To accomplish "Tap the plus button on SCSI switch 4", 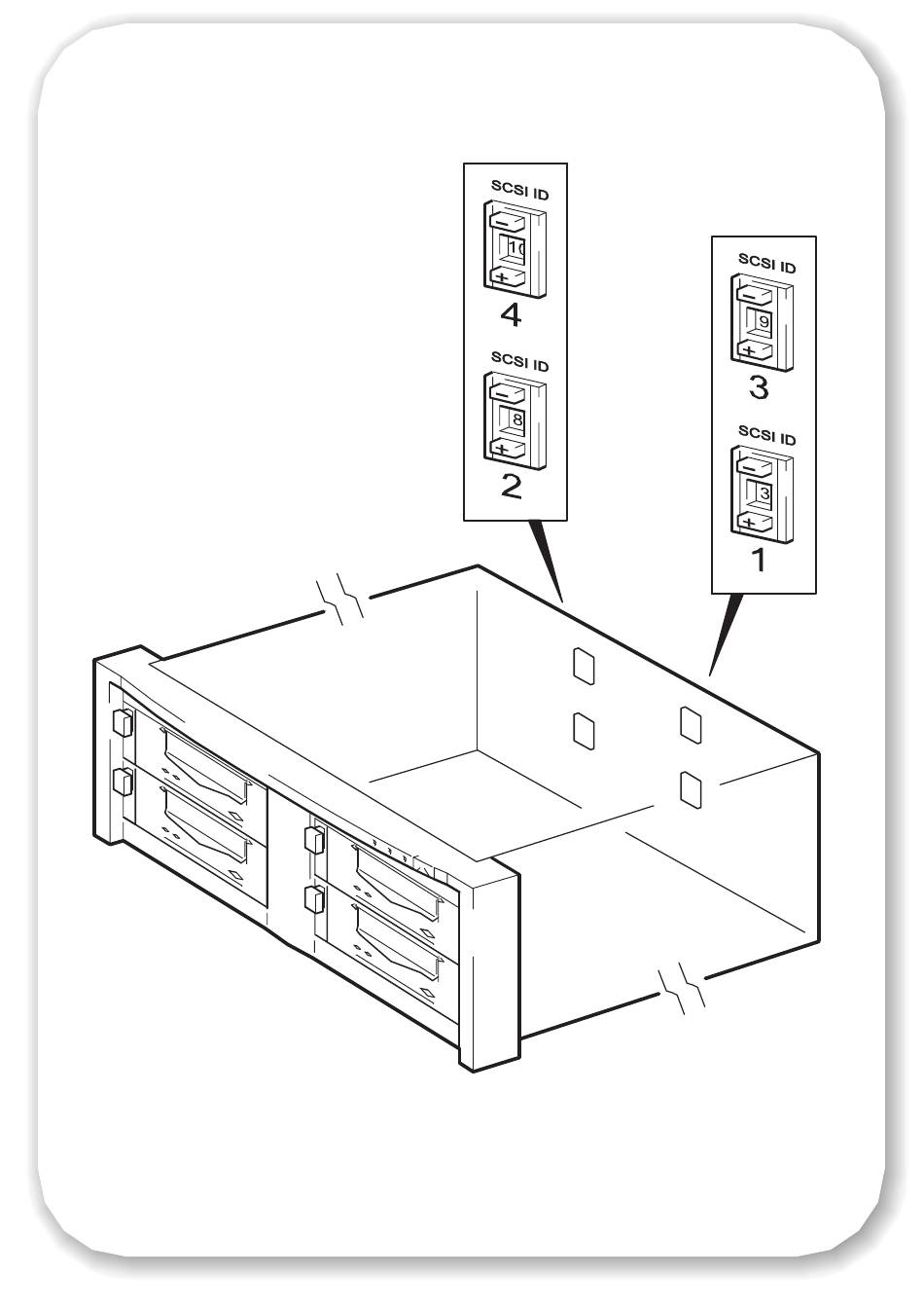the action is pos(505,277).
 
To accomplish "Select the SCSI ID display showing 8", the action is pos(513,419).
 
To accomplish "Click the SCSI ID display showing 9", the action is pos(761,321).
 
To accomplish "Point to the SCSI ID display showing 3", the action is pos(762,493).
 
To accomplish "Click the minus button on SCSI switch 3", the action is pos(755,290).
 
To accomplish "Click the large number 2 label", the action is pos(510,485).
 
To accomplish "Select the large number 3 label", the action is pos(759,387).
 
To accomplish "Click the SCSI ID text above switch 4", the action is pos(518,193).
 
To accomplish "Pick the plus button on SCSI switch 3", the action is pos(754,348).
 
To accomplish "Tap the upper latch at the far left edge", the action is pos(122,723).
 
